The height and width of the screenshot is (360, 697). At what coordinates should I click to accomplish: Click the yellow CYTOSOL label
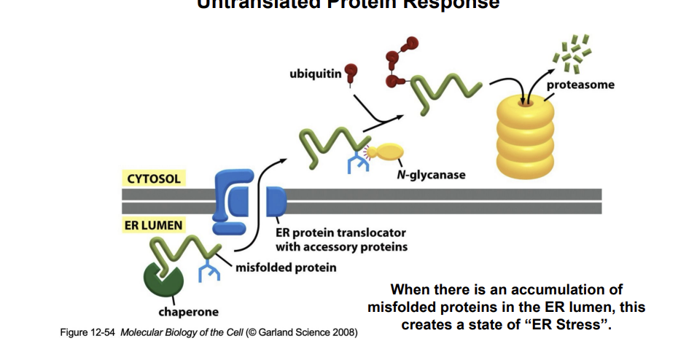point(152,178)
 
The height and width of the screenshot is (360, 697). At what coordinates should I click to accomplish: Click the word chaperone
point(188,312)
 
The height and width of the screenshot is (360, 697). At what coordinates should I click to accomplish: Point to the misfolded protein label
point(286,267)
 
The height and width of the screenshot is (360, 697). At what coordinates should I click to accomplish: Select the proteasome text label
point(580,85)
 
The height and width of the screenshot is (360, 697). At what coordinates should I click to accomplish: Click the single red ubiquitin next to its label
point(351,71)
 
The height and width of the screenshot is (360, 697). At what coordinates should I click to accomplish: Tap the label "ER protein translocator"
point(340,234)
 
